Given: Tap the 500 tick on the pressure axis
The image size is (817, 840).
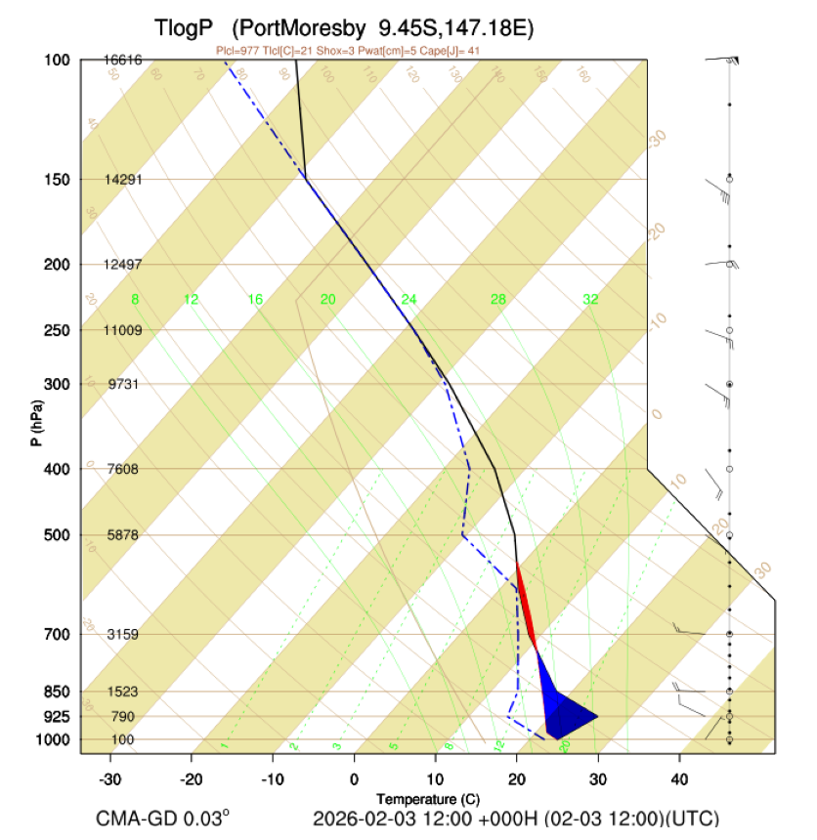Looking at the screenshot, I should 57,535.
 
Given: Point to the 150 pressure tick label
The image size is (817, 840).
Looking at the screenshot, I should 57,180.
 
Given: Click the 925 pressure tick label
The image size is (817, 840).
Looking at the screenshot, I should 57,717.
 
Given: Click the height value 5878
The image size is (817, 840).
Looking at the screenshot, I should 123,535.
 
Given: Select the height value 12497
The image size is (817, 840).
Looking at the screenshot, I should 123,265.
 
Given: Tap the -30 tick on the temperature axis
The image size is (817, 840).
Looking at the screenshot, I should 109,778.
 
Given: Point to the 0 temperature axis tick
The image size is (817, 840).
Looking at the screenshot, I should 354,778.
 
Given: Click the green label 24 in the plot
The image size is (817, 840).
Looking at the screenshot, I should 408,299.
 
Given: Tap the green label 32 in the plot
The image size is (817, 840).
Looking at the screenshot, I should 589,299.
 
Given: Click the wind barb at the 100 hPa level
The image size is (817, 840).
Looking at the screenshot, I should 723,61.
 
